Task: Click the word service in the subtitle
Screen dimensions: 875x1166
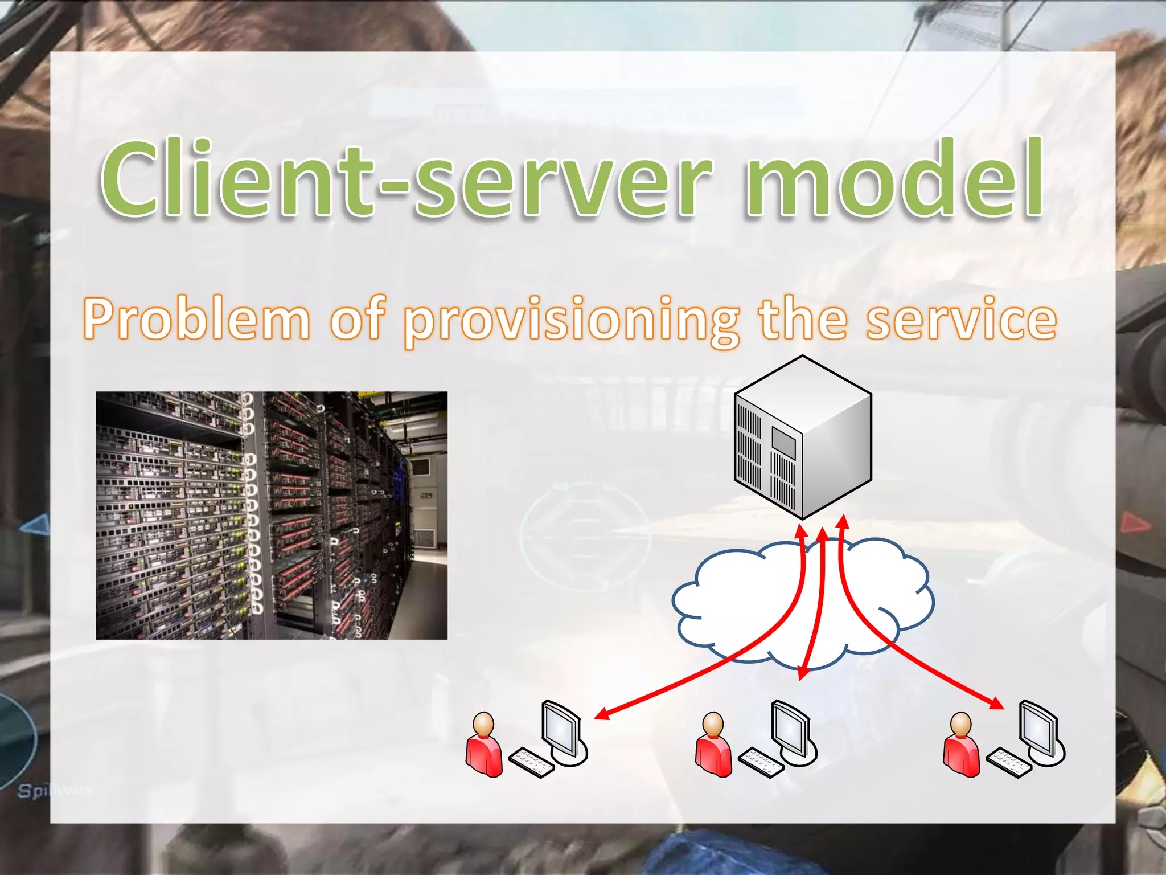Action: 962,319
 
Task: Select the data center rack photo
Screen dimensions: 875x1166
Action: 272,515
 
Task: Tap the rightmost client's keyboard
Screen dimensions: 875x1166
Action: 1008,762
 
